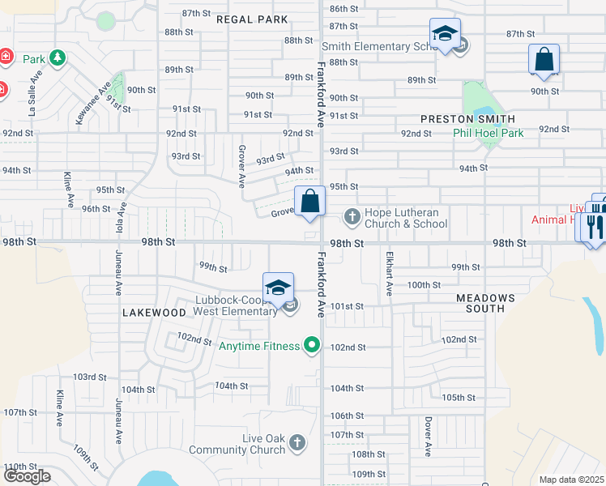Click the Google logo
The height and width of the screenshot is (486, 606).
27,476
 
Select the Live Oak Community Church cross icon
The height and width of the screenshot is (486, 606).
297,442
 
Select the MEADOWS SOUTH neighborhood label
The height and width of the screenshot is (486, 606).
485,303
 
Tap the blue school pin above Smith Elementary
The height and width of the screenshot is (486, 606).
445,35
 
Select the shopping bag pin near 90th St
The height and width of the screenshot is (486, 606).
544,60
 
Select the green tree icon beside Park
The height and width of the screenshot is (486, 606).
57,58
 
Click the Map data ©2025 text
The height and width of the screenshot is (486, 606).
572,480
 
